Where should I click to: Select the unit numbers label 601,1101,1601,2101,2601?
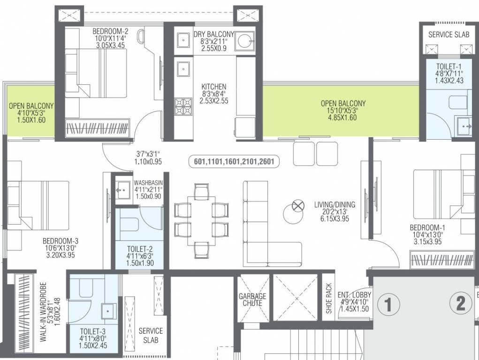pyautogui.click(x=234, y=162)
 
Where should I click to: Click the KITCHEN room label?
pyautogui.click(x=214, y=87)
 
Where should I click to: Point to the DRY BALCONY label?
pyautogui.click(x=213, y=34)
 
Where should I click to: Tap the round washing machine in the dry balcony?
pyautogui.click(x=245, y=41)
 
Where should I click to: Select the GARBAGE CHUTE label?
pyautogui.click(x=252, y=300)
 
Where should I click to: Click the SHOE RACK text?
pyautogui.click(x=329, y=299)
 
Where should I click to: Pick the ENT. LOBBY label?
pyautogui.click(x=355, y=295)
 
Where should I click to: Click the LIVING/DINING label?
pyautogui.click(x=335, y=205)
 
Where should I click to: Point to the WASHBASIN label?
pyautogui.click(x=148, y=183)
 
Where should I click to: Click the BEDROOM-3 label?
pyautogui.click(x=59, y=241)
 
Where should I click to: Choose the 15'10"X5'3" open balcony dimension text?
pyautogui.click(x=343, y=111)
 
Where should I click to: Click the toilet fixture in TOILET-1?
pyautogui.click(x=458, y=102)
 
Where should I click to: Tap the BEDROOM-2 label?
pyautogui.click(x=110, y=31)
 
